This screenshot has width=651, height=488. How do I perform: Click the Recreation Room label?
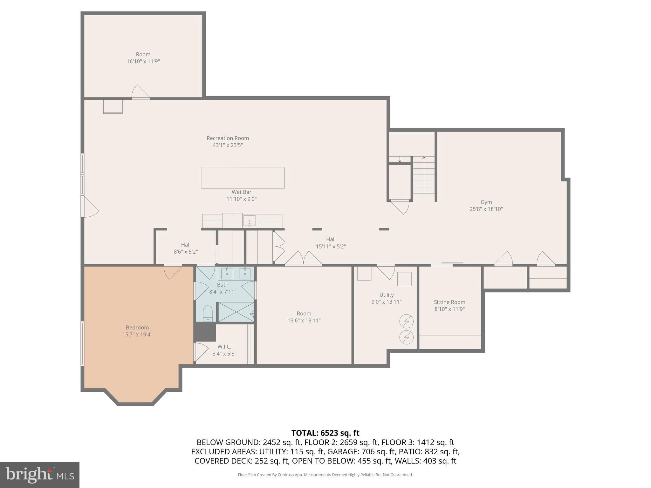pos(228,138)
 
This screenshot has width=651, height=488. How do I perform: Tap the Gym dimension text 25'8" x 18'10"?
pos(486,209)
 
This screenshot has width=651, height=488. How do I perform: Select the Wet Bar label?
pos(241,192)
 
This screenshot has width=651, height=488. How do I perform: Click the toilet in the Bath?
pos(208,313)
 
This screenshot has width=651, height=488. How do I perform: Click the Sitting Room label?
pos(449,302)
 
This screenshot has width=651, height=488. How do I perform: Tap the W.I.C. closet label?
pos(224,347)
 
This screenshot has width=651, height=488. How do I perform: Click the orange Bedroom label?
pos(137,328)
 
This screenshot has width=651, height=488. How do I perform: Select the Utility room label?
pos(386,295)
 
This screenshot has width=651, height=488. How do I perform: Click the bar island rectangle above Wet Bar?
pos(243,178)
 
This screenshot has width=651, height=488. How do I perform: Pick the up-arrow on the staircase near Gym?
pos(424,158)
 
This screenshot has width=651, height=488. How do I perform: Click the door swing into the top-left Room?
pos(140,92)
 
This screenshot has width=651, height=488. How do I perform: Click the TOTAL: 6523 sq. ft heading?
pos(325,433)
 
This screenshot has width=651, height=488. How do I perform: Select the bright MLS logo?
pos(39,475)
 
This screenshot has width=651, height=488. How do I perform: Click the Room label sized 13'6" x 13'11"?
pos(304,314)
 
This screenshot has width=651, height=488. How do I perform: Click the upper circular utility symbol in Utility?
pos(406,321)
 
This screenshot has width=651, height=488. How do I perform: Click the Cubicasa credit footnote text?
pos(325,475)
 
